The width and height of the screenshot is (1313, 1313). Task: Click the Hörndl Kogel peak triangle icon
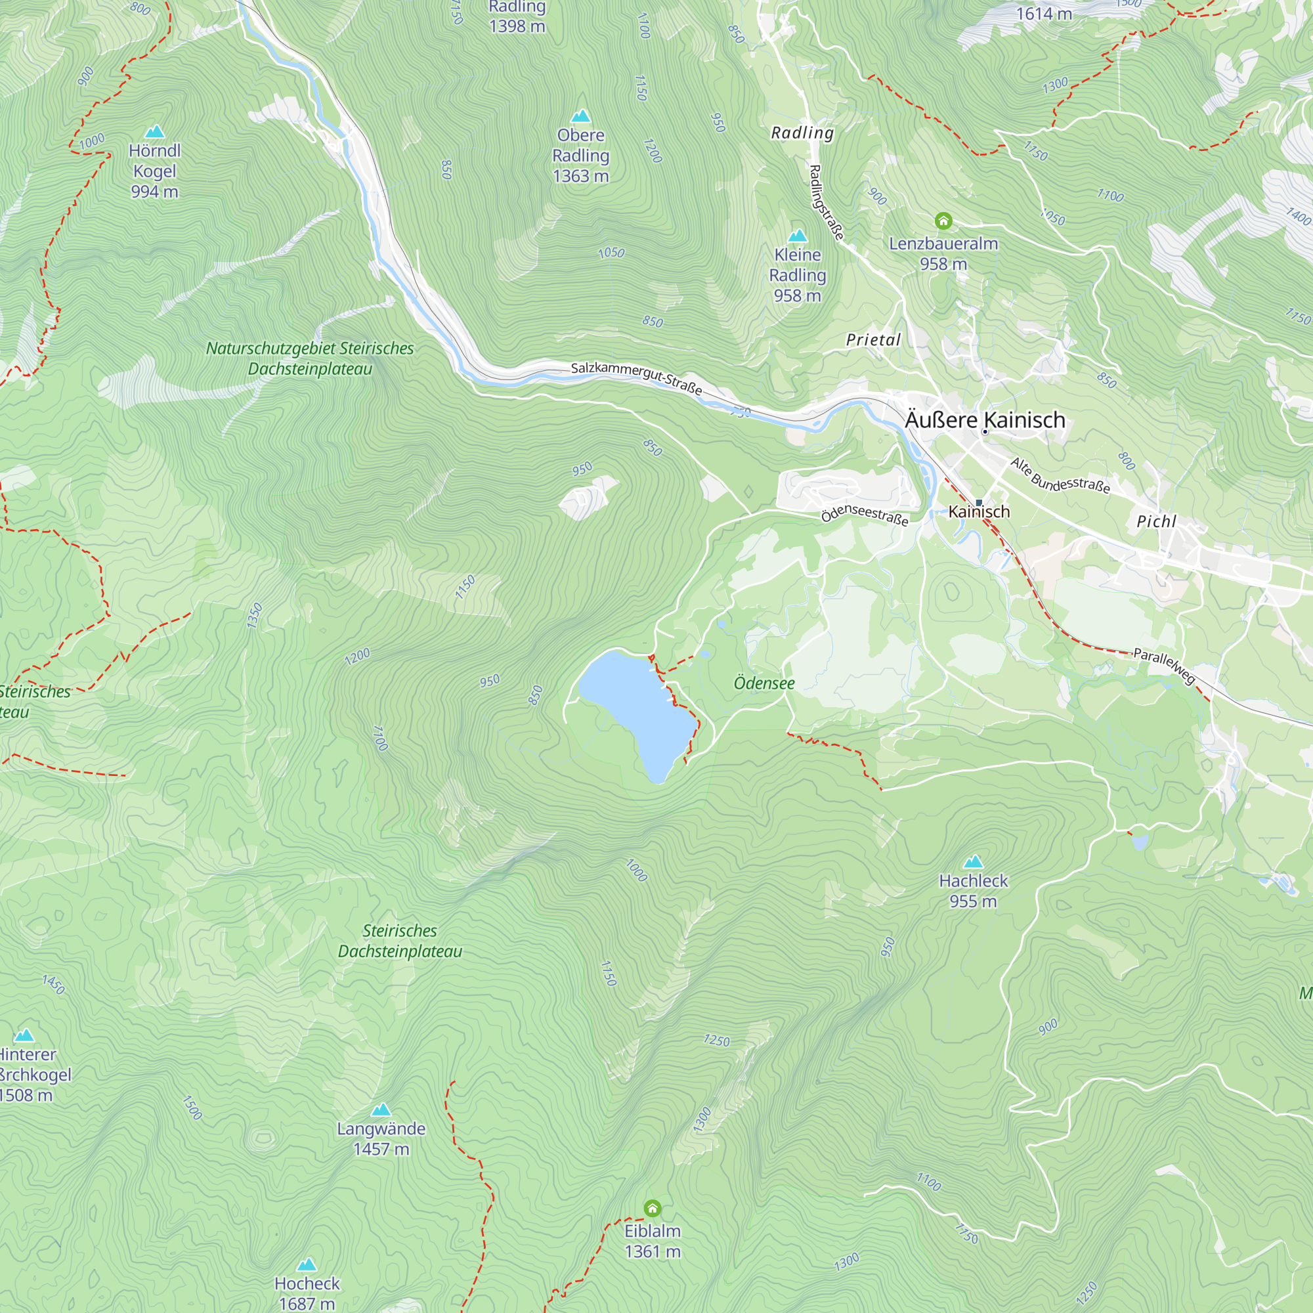(155, 131)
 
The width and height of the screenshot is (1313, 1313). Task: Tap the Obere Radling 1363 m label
(580, 156)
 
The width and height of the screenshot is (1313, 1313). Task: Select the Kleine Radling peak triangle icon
(797, 236)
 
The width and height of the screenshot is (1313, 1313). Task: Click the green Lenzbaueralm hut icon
(943, 221)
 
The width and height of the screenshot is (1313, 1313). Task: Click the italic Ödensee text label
(764, 683)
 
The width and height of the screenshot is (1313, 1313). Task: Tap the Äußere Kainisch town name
(985, 420)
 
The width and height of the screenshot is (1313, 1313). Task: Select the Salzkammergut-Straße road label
(636, 379)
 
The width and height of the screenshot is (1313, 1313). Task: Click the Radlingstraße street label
(827, 202)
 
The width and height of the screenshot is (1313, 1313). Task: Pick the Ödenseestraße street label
(865, 515)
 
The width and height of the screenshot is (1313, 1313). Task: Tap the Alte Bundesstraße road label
(1060, 475)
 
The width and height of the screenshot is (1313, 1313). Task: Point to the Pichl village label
(1156, 521)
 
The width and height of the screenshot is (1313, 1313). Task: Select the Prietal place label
(873, 340)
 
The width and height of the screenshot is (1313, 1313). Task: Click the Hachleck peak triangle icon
(973, 862)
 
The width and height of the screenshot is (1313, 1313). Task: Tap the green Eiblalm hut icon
(652, 1209)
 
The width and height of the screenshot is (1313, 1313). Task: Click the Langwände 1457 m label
(381, 1138)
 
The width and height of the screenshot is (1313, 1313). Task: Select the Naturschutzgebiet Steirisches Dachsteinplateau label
(309, 358)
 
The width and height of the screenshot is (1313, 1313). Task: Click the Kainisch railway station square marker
(979, 503)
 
